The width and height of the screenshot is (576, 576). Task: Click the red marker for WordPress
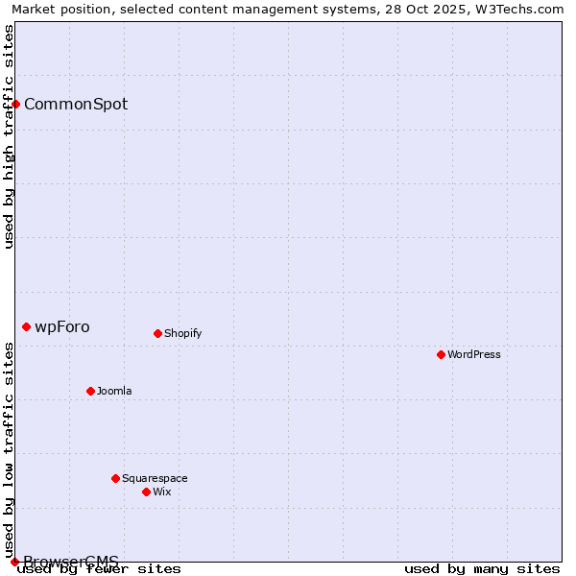click(x=441, y=354)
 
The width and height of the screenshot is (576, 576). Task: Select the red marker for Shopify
click(x=157, y=333)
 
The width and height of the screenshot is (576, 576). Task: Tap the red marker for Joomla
click(x=90, y=391)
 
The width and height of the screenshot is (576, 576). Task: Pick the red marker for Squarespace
click(x=115, y=478)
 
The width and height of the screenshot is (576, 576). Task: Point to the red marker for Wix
click(x=146, y=492)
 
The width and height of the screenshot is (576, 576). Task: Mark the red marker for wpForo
click(x=26, y=326)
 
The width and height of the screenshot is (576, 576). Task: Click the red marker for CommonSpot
click(x=15, y=104)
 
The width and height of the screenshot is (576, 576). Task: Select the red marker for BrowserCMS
click(x=14, y=562)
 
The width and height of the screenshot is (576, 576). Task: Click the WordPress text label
click(x=474, y=354)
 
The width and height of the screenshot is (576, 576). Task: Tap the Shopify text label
click(x=182, y=333)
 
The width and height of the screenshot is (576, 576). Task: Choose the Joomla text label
click(x=114, y=391)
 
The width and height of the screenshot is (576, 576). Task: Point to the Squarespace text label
click(x=155, y=478)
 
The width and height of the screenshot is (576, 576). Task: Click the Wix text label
click(x=161, y=492)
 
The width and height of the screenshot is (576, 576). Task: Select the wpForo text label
click(x=62, y=326)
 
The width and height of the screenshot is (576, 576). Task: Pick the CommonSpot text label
click(x=76, y=104)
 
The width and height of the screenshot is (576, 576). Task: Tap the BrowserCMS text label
click(x=71, y=562)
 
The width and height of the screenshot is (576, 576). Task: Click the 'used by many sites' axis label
click(x=482, y=569)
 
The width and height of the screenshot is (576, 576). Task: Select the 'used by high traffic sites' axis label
click(x=10, y=136)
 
